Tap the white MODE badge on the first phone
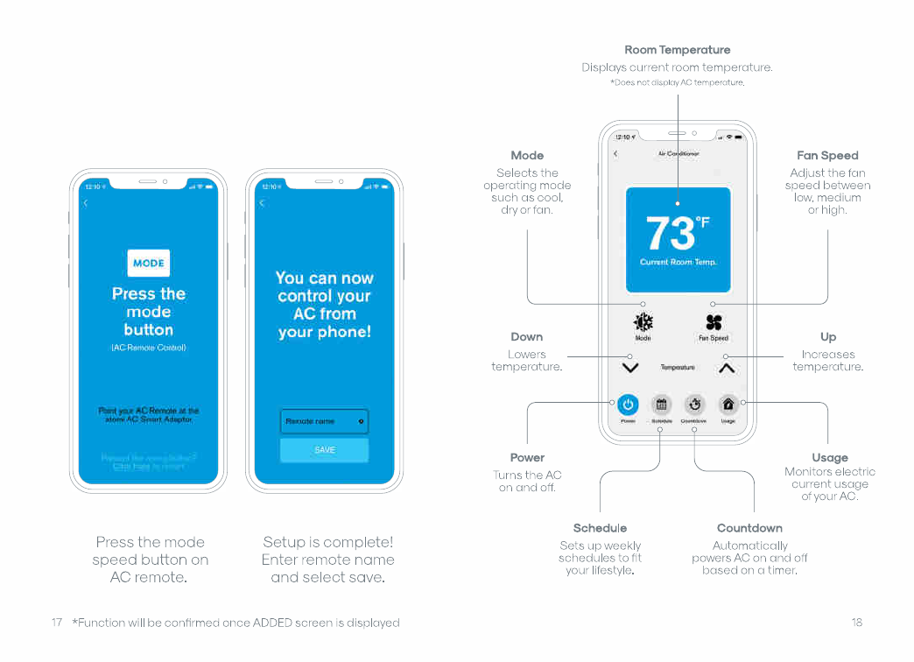click(148, 263)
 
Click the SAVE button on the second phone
click(325, 450)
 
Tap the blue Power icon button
click(628, 405)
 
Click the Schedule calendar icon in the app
click(662, 405)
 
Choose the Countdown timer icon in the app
click(694, 405)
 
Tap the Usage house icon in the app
click(728, 405)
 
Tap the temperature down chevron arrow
click(630, 368)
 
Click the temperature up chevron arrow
click(727, 368)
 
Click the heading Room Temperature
click(677, 50)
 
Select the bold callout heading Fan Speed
click(827, 155)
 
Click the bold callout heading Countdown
click(749, 528)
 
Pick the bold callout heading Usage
click(829, 457)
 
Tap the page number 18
click(856, 623)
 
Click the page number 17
click(56, 623)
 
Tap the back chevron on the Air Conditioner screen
click(615, 154)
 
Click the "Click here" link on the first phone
click(131, 467)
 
